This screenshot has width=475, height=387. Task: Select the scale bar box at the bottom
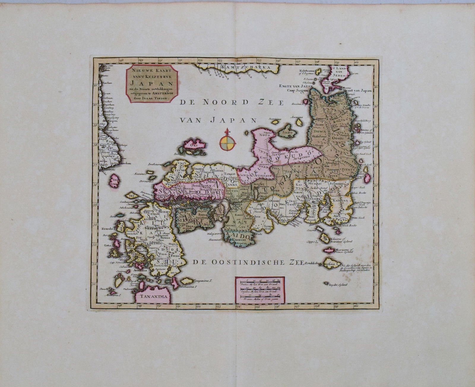point(260,290)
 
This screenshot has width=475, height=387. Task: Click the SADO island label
point(288,132)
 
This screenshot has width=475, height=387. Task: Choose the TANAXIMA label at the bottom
point(150,296)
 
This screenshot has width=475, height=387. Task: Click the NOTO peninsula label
point(261,134)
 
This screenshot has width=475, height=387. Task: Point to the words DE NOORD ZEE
point(231,103)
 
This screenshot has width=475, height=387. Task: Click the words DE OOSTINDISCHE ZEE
point(247,262)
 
